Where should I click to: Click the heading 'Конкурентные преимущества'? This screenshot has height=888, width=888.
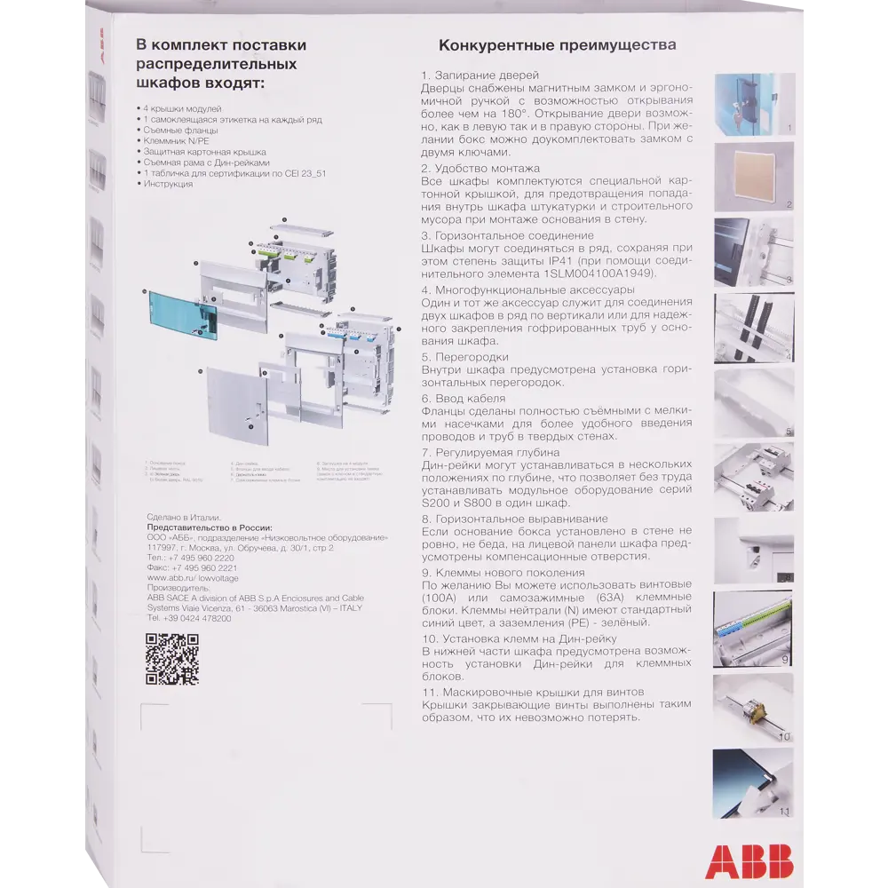pyautogui.click(x=558, y=45)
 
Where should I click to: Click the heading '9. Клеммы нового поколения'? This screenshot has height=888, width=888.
pyautogui.click(x=503, y=573)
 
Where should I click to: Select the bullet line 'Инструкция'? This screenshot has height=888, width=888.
pyautogui.click(x=169, y=184)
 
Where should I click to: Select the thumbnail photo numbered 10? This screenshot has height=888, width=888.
pyautogui.click(x=753, y=708)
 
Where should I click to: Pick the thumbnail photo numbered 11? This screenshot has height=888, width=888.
pyautogui.click(x=753, y=782)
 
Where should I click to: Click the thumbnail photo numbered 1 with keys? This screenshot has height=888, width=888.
pyautogui.click(x=753, y=103)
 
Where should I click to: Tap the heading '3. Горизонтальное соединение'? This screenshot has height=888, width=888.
pyautogui.click(x=507, y=235)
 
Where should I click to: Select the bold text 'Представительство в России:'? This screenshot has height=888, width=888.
pyautogui.click(x=209, y=527)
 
